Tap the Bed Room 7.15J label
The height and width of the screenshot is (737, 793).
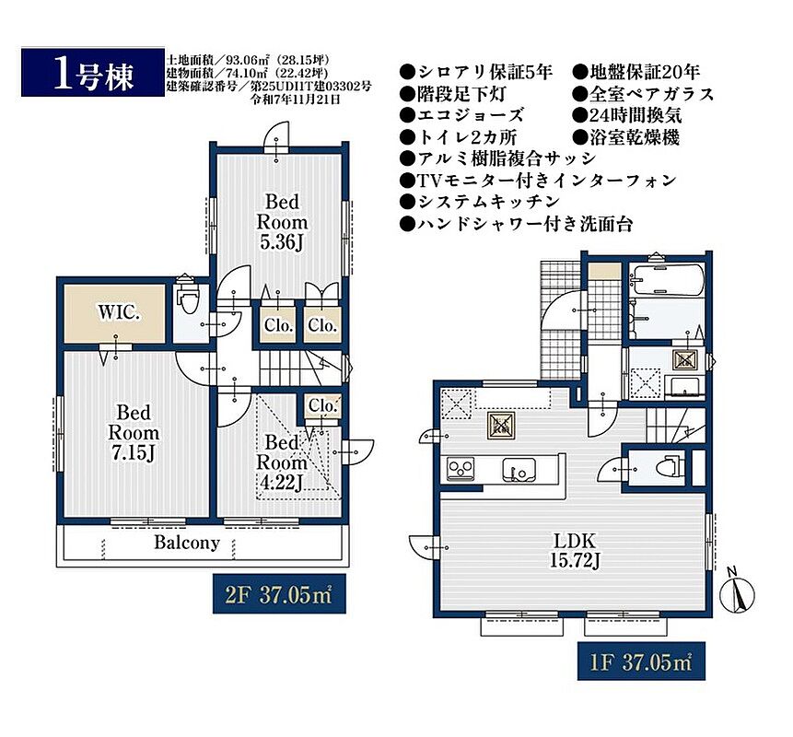click(x=134, y=432)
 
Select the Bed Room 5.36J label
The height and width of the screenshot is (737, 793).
click(x=282, y=222)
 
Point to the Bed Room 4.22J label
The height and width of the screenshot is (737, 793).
click(x=282, y=462)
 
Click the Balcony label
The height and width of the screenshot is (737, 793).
click(x=187, y=543)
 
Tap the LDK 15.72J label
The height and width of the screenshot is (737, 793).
click(x=575, y=550)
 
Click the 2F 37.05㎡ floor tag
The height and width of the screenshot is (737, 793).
click(x=279, y=594)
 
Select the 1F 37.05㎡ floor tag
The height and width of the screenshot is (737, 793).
click(x=641, y=661)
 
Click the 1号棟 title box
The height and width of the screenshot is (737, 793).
click(x=93, y=72)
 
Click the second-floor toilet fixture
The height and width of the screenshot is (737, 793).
click(x=187, y=299)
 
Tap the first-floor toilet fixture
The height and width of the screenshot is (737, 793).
click(x=669, y=465)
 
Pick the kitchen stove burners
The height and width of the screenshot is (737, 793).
click(x=461, y=467)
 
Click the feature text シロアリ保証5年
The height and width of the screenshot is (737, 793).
click(x=476, y=72)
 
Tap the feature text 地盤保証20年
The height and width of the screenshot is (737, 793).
click(x=636, y=72)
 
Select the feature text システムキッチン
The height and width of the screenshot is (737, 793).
click(x=480, y=202)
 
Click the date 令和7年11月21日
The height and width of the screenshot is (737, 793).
click(x=296, y=99)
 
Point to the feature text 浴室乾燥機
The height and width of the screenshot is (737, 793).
click(x=626, y=137)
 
